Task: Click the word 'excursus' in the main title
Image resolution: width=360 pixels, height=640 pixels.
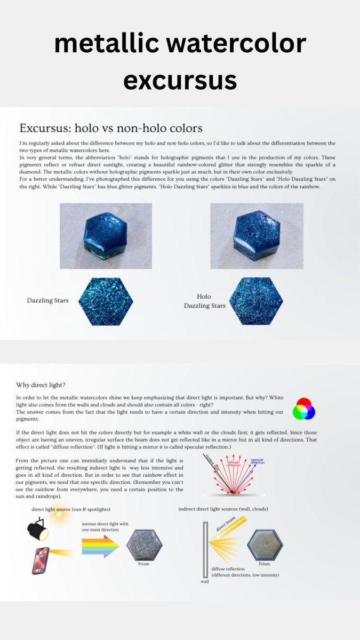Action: [x=180, y=80]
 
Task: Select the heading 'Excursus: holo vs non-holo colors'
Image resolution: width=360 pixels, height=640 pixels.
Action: [x=111, y=129]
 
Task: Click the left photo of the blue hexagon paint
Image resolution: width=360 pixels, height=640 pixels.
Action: [x=106, y=236]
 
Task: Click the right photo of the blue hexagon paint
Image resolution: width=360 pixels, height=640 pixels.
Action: [x=257, y=236]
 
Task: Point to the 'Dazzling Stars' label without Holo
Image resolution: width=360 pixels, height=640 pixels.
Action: [x=48, y=301]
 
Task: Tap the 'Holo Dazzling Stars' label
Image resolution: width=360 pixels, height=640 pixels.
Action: [x=204, y=301]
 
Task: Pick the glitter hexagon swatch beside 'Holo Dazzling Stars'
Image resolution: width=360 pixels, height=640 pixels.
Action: [x=255, y=301]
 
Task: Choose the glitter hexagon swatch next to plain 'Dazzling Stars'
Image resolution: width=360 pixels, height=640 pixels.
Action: [x=106, y=301]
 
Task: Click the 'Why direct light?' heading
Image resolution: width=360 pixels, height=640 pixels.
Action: [x=42, y=385]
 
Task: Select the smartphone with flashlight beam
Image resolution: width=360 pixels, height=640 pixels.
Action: [x=41, y=560]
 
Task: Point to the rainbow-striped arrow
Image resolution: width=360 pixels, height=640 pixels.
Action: [x=100, y=547]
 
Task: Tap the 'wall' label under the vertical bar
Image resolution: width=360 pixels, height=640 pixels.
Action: [x=205, y=581]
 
